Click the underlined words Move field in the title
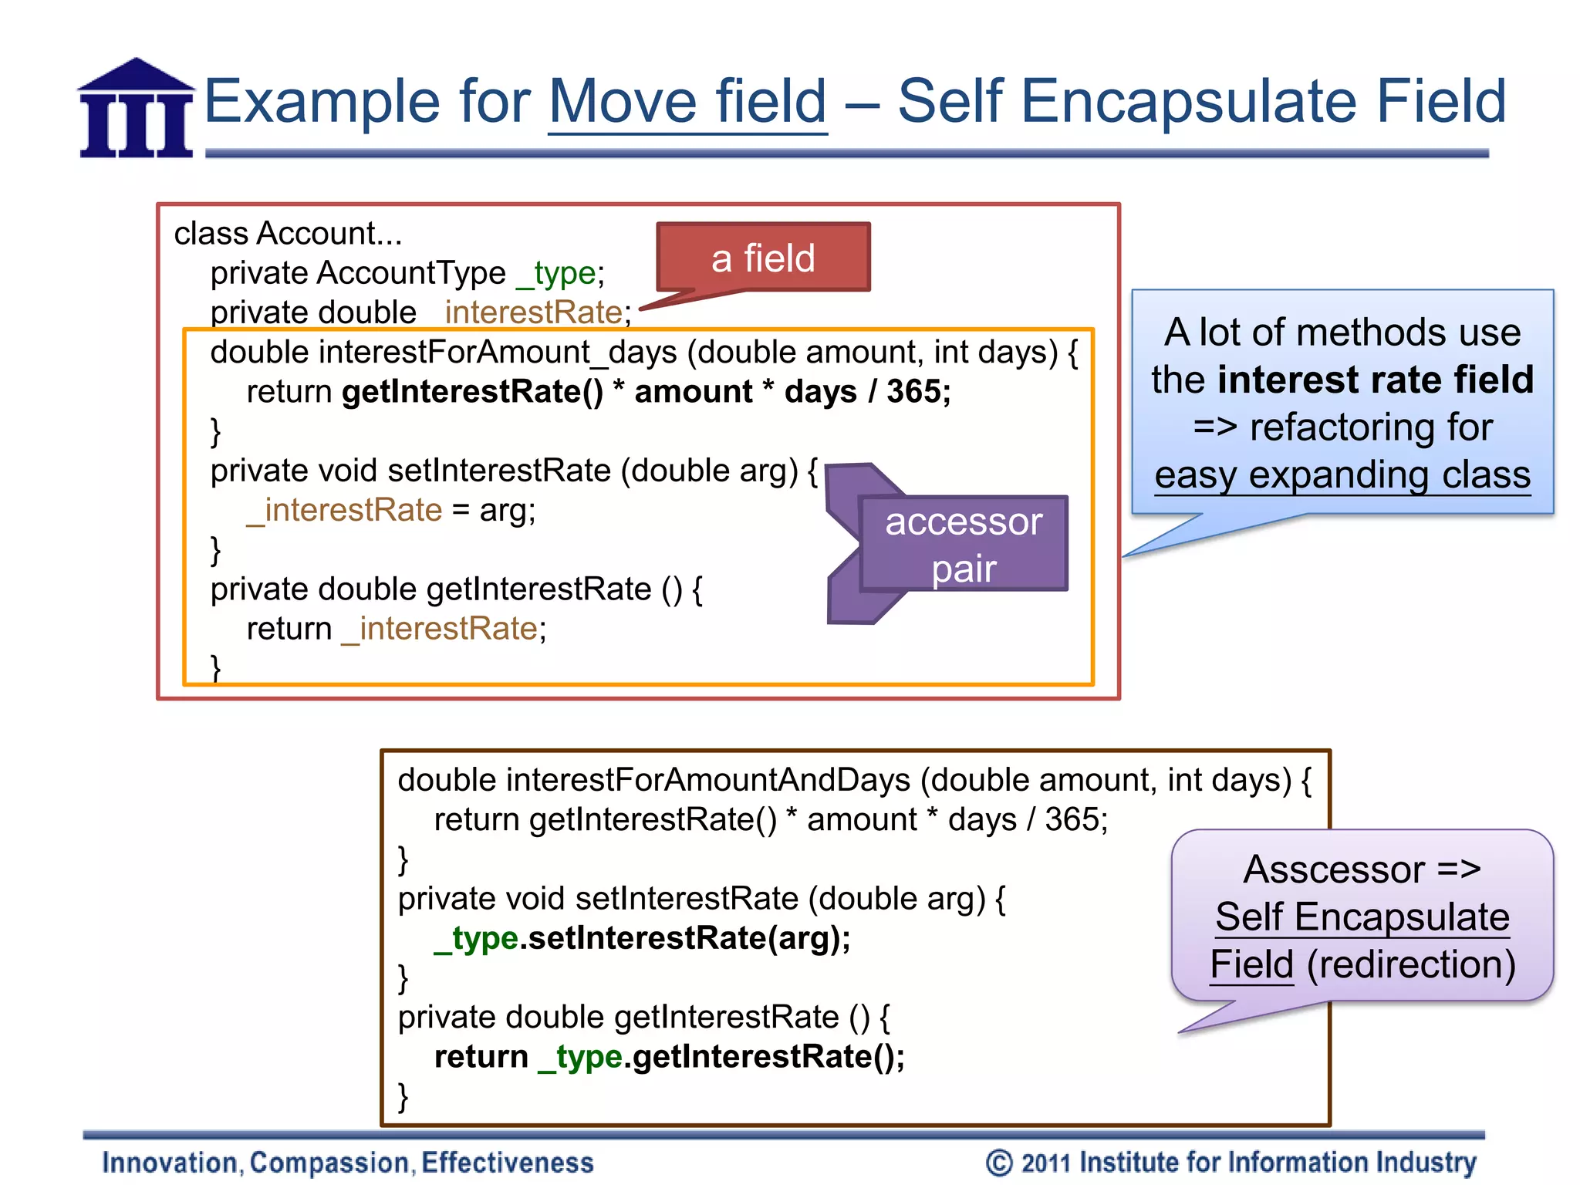pos(687,102)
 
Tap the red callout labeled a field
pos(763,258)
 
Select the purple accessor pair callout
pos(964,544)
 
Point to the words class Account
pos(288,233)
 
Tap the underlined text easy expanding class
pos(1342,474)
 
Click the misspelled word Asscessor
pos(1334,869)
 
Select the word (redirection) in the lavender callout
pos(1411,964)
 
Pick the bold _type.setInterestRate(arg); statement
pos(643,938)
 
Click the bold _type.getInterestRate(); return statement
pos(669,1057)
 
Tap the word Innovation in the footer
pos(170,1163)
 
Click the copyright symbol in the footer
pos(999,1163)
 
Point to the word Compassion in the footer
pos(329,1163)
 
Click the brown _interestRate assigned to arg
pos(344,510)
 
